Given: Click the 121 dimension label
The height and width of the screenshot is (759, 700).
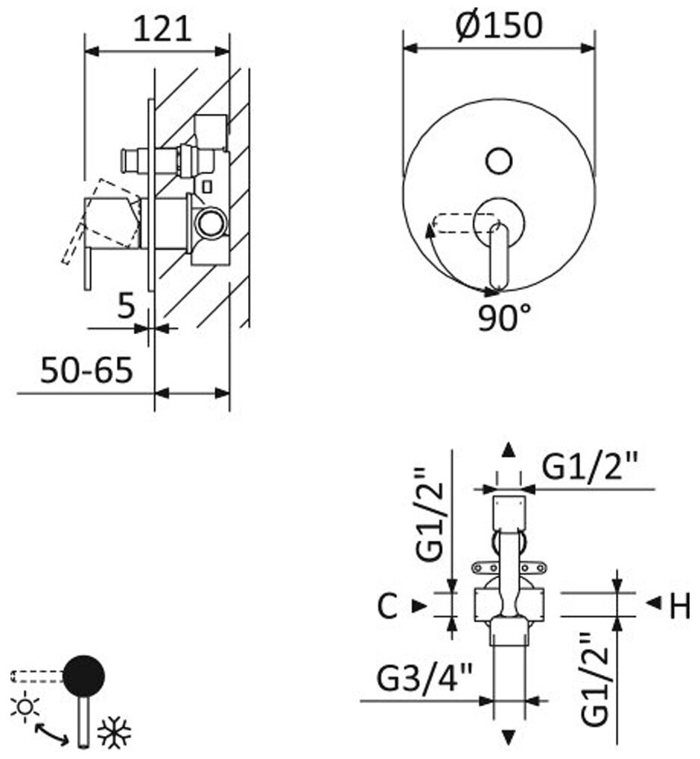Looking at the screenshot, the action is click(162, 29).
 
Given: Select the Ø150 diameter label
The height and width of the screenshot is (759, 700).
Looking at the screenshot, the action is click(498, 25).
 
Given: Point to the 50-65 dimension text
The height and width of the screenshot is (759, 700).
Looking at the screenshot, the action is click(86, 369).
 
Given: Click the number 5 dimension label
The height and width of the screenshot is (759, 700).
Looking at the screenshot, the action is click(126, 305).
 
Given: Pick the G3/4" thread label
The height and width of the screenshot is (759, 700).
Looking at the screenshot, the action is click(424, 679).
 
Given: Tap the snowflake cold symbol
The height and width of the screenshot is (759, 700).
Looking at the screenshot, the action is click(115, 734).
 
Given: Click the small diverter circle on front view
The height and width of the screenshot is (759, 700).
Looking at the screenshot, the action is click(497, 160).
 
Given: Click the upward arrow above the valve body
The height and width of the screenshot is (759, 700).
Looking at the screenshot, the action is click(509, 448).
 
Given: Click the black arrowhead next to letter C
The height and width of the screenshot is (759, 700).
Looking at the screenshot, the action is click(419, 606).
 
